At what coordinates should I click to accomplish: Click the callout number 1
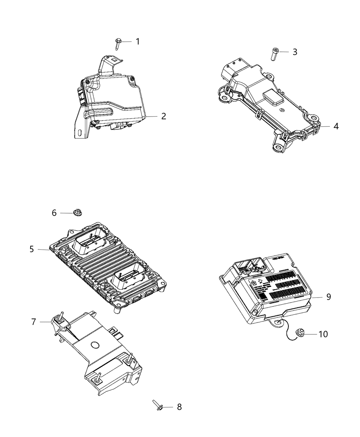(x=137, y=41)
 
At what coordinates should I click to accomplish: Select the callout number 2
(x=164, y=116)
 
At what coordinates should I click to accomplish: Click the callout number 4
(x=336, y=126)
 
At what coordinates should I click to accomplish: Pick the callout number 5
(x=32, y=249)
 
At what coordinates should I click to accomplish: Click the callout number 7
(x=34, y=322)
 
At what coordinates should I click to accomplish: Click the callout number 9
(x=328, y=296)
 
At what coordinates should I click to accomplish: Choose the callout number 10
(x=323, y=334)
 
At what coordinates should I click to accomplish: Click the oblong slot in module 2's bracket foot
(x=80, y=132)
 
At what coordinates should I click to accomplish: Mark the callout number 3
(x=295, y=52)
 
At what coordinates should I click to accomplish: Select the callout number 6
(x=54, y=213)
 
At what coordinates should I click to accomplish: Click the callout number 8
(x=179, y=407)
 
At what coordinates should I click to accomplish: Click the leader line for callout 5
(x=44, y=250)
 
